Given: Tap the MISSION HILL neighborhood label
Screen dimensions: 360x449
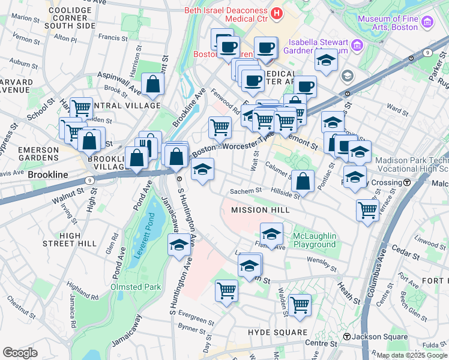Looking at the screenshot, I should coord(261,210).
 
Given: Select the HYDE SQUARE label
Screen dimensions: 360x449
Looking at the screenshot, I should coord(277,332).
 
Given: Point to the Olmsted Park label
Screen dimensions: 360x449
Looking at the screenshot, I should coord(136,287).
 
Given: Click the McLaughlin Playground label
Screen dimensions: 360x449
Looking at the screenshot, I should coord(314,240).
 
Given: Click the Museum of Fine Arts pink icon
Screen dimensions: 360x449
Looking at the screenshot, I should coord(427,22).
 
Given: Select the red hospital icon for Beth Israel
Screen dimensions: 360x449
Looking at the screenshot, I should coord(277,13).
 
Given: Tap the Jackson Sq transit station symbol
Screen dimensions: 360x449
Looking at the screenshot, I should coord(346,337).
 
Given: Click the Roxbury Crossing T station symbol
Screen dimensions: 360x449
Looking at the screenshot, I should coord(407,182).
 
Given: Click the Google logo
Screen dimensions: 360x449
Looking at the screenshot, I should coord(20,353).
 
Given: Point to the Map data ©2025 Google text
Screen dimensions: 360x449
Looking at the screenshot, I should coord(411,355).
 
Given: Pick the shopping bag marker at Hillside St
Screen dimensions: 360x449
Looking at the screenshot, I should coord(303,181).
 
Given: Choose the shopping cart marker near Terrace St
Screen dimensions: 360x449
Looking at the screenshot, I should coord(367,210).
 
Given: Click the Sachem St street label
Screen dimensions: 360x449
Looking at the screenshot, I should coord(246,191).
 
